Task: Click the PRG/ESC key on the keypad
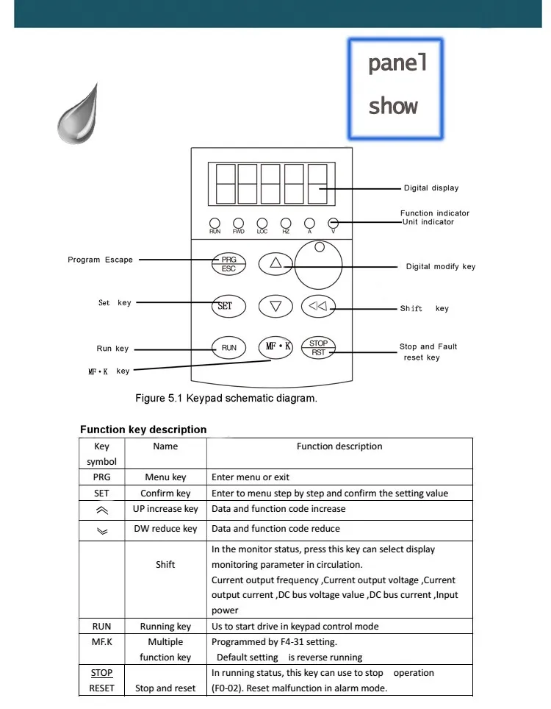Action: [x=228, y=264]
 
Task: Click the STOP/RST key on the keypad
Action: [x=318, y=348]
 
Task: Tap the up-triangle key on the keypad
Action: [x=275, y=264]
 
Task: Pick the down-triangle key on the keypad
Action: [x=275, y=306]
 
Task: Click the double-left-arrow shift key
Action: [x=318, y=306]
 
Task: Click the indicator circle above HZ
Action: [x=286, y=222]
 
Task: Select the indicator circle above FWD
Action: [x=239, y=222]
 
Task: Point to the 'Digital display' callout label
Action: [x=431, y=188]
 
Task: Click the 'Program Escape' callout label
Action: [x=101, y=260]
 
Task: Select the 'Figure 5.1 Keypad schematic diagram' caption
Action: [x=226, y=399]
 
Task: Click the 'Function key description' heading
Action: [x=143, y=430]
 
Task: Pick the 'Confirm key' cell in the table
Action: [x=165, y=494]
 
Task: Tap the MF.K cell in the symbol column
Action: [x=101, y=642]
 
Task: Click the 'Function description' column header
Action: [x=339, y=446]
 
